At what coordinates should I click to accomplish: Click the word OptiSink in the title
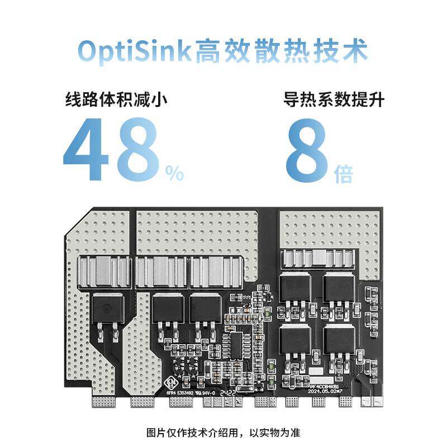tap(134, 51)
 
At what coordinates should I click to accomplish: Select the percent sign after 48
tap(174, 174)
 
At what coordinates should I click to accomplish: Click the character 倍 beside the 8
tap(344, 174)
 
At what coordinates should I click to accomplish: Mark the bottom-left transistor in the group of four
tap(294, 339)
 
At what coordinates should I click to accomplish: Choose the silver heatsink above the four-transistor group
tap(317, 258)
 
